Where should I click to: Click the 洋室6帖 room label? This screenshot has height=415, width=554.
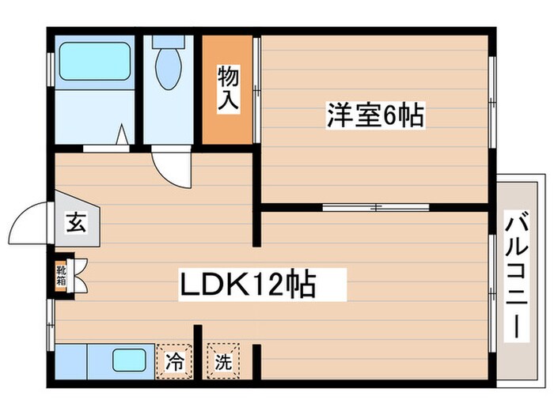pos(375,116)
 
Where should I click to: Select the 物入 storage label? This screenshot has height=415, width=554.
pos(228,89)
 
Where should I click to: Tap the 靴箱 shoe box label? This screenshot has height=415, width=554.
pos(62,274)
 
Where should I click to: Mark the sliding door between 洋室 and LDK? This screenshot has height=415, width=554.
pos(376,209)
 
